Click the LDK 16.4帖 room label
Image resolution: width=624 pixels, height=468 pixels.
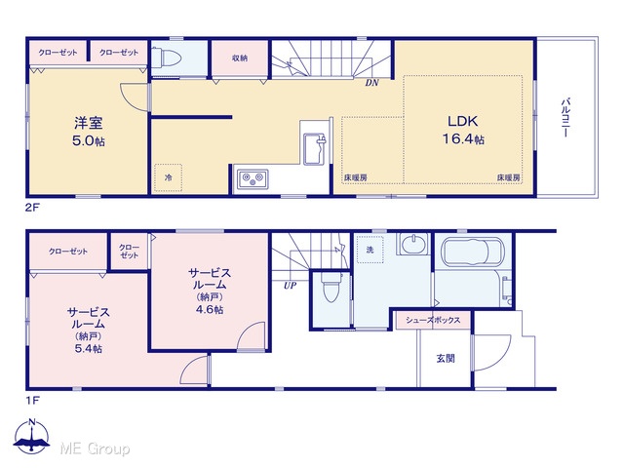[463, 130]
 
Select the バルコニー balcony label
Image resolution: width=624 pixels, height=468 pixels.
[565, 117]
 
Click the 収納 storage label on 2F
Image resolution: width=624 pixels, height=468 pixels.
[240, 58]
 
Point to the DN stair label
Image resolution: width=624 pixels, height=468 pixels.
[372, 83]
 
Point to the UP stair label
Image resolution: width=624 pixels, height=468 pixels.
[290, 286]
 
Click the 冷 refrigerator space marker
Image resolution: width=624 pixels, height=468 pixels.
[169, 177]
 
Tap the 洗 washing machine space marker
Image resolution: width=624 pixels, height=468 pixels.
[370, 250]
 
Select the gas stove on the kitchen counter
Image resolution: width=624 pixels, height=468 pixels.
[253, 179]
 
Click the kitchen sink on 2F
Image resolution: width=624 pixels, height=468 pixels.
[315, 148]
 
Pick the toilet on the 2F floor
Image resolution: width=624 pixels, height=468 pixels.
[167, 58]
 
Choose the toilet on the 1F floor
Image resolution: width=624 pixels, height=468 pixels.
[331, 288]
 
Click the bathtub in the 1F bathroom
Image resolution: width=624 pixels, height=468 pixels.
[473, 252]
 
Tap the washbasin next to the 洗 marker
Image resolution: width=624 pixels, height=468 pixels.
[413, 244]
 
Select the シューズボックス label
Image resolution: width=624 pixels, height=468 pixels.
[433, 320]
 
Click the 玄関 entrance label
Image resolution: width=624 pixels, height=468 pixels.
[446, 358]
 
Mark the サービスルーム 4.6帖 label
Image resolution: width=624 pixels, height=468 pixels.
[210, 291]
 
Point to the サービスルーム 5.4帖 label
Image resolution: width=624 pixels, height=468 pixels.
[89, 331]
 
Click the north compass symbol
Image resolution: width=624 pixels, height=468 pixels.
[32, 436]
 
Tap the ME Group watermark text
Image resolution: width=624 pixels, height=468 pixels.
[95, 448]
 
